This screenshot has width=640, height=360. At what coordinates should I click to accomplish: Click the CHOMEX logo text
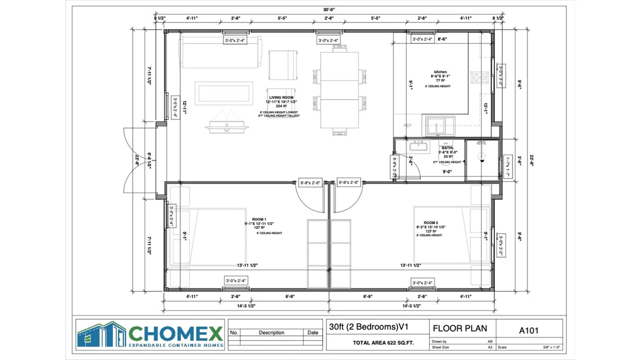176,334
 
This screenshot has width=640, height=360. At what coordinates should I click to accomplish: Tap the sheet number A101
529,330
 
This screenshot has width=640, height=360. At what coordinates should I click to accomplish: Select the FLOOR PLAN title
460,328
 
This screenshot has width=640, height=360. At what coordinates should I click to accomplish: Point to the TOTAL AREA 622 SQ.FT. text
383,343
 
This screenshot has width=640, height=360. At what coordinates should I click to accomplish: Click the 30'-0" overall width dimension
329,10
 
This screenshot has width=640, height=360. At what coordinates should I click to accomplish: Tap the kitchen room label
440,71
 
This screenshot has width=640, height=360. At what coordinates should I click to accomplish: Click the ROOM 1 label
259,219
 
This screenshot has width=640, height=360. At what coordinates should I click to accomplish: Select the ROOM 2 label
430,222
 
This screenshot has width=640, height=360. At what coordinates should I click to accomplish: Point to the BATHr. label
447,148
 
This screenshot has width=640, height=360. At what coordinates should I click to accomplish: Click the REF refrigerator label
408,126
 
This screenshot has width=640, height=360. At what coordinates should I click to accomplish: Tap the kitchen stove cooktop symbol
479,77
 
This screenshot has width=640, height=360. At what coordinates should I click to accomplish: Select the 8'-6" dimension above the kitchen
442,39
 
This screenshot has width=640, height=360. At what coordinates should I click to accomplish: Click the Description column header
271,332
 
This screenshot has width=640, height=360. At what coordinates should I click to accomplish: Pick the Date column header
313,332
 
